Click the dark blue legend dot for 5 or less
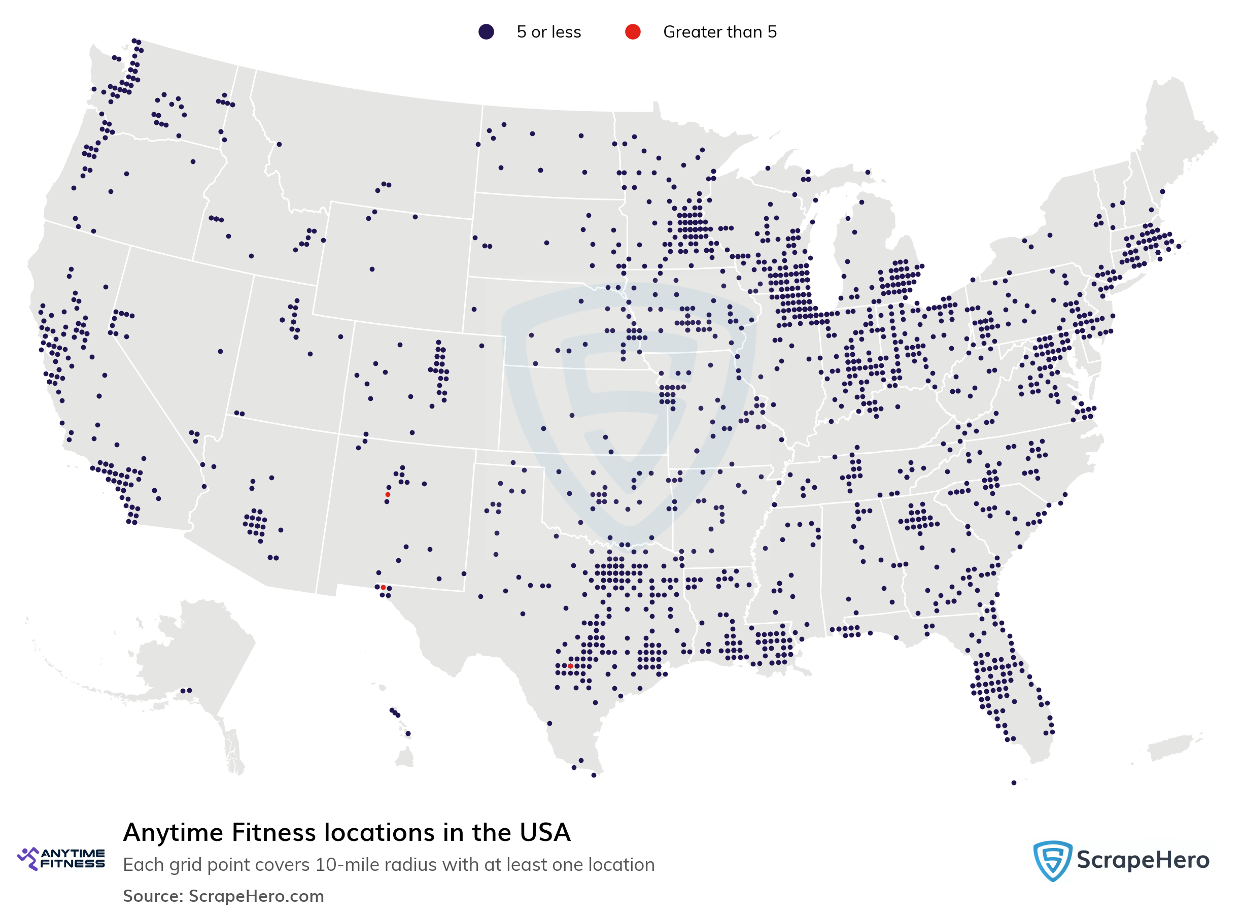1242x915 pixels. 486,32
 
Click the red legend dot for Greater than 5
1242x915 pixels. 632,32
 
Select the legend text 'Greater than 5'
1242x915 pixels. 719,32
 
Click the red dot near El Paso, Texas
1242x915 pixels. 383,587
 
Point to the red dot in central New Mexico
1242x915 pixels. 388,495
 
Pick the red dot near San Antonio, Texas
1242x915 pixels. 570,666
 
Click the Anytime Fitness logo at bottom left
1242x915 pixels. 61,858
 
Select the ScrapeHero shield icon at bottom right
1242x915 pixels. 1052,860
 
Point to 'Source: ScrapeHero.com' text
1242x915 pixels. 223,896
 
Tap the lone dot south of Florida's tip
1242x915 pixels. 1013,783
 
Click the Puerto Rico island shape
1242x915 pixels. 1168,748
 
